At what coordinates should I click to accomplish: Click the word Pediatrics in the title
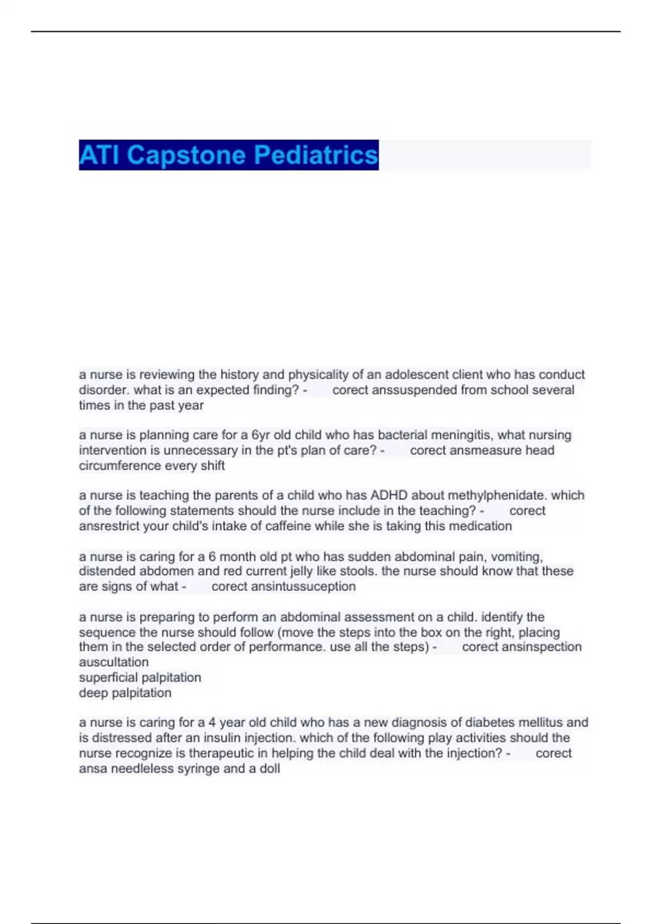click(x=316, y=155)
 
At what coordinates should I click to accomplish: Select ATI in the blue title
click(x=101, y=155)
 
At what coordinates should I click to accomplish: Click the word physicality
click(x=318, y=374)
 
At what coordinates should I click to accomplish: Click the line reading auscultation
click(x=114, y=662)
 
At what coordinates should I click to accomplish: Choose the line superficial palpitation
click(x=140, y=677)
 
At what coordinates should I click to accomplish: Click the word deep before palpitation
click(x=93, y=693)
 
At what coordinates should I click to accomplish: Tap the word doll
click(x=269, y=769)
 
